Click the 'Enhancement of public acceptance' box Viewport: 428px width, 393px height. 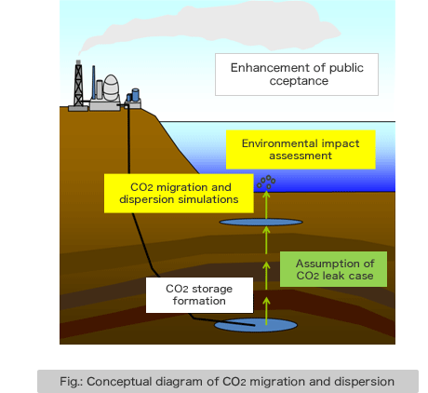pos(297,75)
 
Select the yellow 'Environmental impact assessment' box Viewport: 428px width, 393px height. pos(301,150)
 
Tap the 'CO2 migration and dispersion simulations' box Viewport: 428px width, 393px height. pos(179,194)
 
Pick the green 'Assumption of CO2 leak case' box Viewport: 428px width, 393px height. pos(333,269)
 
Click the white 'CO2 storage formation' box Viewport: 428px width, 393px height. pos(199,295)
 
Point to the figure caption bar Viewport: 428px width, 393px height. pos(228,381)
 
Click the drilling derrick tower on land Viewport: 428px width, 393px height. pos(78,86)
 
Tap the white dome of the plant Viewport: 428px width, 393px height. pos(111,88)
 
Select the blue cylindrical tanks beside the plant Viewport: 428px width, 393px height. pos(133,96)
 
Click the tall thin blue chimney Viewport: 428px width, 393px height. pos(93,82)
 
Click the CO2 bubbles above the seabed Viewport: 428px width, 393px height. pos(266,182)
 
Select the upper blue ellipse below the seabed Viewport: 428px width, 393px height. pos(261,222)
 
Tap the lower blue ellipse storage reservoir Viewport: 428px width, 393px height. pos(256,325)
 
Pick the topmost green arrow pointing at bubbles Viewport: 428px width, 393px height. pos(266,205)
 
